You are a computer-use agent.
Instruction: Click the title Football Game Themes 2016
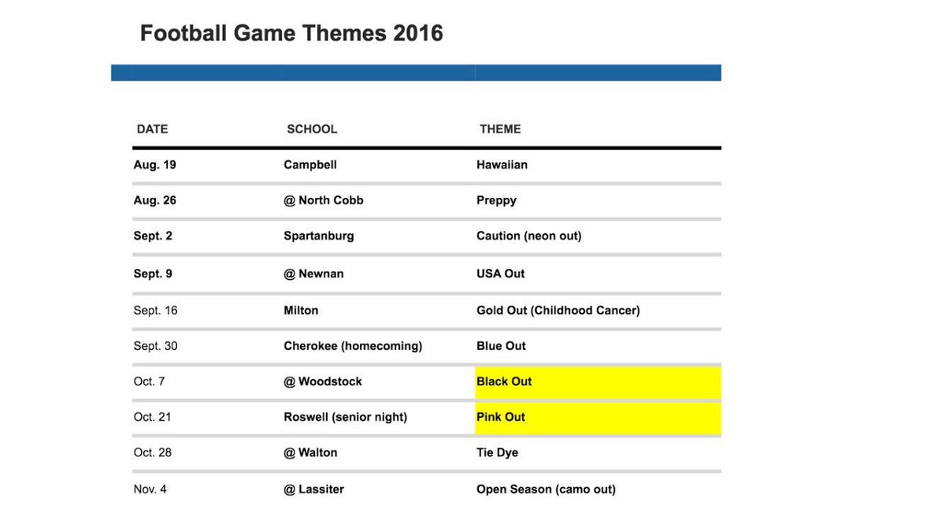click(291, 33)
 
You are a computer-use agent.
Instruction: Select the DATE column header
click(152, 128)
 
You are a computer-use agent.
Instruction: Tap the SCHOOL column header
click(312, 128)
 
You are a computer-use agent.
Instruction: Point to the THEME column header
click(500, 128)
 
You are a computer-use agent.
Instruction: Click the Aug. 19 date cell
click(155, 165)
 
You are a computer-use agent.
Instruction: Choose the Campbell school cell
click(310, 165)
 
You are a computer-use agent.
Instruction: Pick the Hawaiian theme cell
click(502, 165)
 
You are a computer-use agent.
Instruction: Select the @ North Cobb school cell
click(324, 200)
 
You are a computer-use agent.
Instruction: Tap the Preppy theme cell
click(497, 200)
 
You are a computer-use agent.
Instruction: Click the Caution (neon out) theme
click(529, 236)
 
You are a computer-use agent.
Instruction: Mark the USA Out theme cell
click(501, 273)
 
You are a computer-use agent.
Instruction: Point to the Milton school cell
click(301, 311)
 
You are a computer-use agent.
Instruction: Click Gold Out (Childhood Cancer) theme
click(558, 311)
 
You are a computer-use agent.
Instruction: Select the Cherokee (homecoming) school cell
click(353, 346)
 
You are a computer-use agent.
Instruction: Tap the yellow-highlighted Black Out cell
click(598, 382)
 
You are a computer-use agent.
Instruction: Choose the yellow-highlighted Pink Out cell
click(598, 418)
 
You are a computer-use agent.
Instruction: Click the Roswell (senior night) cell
click(346, 417)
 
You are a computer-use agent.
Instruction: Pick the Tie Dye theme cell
click(498, 452)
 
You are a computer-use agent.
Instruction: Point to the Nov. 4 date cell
click(150, 489)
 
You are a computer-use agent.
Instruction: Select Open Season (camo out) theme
click(547, 489)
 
